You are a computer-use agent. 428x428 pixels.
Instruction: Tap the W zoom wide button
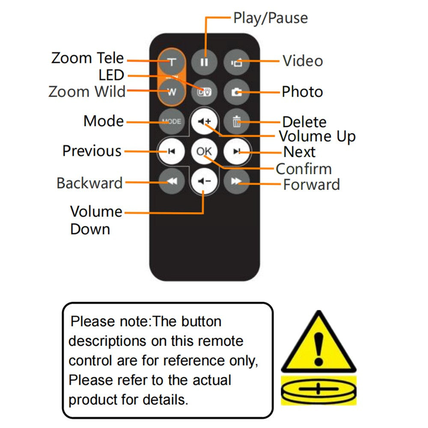point(172,92)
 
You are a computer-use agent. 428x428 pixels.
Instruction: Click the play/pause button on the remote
point(204,62)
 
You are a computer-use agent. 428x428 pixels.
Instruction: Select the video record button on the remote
point(236,62)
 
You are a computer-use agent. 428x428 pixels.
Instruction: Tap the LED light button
point(204,92)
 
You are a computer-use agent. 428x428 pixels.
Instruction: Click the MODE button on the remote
point(172,122)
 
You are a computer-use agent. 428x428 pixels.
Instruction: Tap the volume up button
point(204,121)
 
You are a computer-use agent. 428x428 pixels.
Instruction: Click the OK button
point(204,151)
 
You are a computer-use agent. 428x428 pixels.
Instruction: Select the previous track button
point(172,151)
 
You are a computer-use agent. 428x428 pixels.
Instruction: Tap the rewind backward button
point(172,181)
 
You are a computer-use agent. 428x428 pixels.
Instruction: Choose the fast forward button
point(236,181)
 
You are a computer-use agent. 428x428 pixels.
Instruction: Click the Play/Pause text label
point(270,18)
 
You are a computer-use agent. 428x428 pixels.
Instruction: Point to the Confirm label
point(303,169)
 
